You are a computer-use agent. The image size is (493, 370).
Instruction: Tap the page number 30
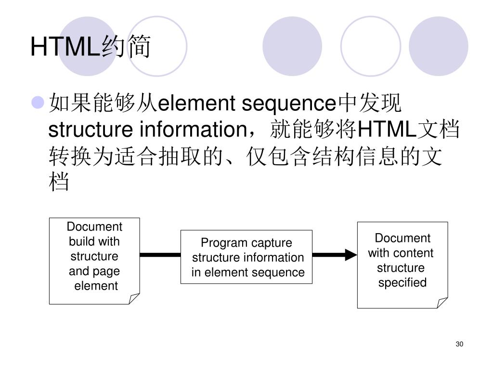[459, 344]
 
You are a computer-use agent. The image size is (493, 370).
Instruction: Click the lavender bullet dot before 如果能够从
[38, 103]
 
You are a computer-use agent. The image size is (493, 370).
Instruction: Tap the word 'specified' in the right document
[402, 282]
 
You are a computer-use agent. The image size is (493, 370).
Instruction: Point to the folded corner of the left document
[134, 298]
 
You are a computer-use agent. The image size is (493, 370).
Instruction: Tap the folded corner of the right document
[442, 302]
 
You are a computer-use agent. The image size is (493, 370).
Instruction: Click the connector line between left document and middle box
[160, 254]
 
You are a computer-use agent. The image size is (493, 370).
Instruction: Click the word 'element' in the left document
[96, 286]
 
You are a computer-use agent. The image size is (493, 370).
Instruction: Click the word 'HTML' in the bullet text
[388, 129]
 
